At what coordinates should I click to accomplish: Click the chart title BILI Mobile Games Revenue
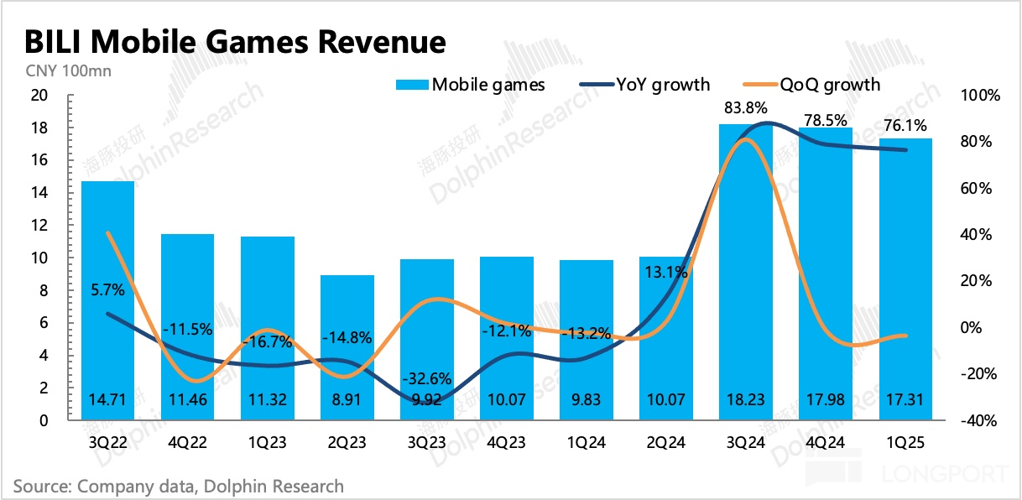click(235, 41)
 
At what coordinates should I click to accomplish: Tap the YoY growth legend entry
click(645, 84)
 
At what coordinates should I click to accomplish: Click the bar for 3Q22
click(107, 302)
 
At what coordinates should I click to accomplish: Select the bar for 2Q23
click(347, 348)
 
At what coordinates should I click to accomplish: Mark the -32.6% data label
click(426, 378)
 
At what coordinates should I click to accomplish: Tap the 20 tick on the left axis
click(38, 96)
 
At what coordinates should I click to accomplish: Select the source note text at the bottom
click(179, 486)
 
